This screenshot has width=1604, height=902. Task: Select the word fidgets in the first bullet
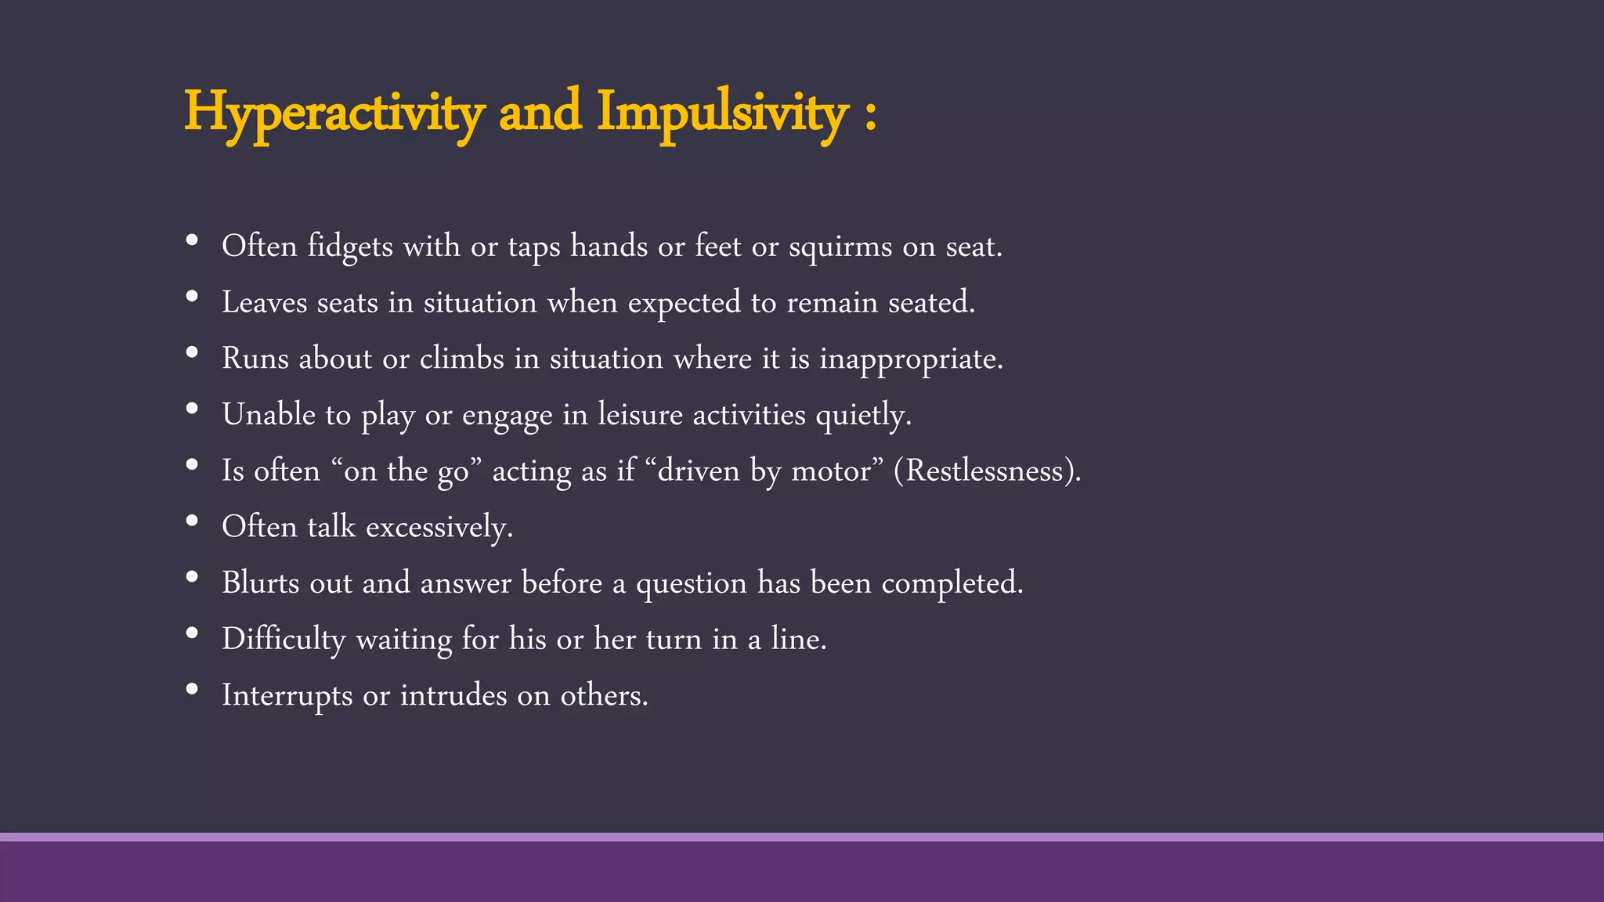(x=350, y=247)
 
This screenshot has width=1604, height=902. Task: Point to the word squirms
(x=840, y=247)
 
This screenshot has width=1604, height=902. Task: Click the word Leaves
(x=265, y=303)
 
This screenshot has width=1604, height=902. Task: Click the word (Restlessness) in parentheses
(x=987, y=471)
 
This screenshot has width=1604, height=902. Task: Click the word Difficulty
(x=284, y=640)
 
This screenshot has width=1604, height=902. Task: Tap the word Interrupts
(x=287, y=696)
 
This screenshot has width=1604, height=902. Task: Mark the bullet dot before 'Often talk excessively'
(x=192, y=521)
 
